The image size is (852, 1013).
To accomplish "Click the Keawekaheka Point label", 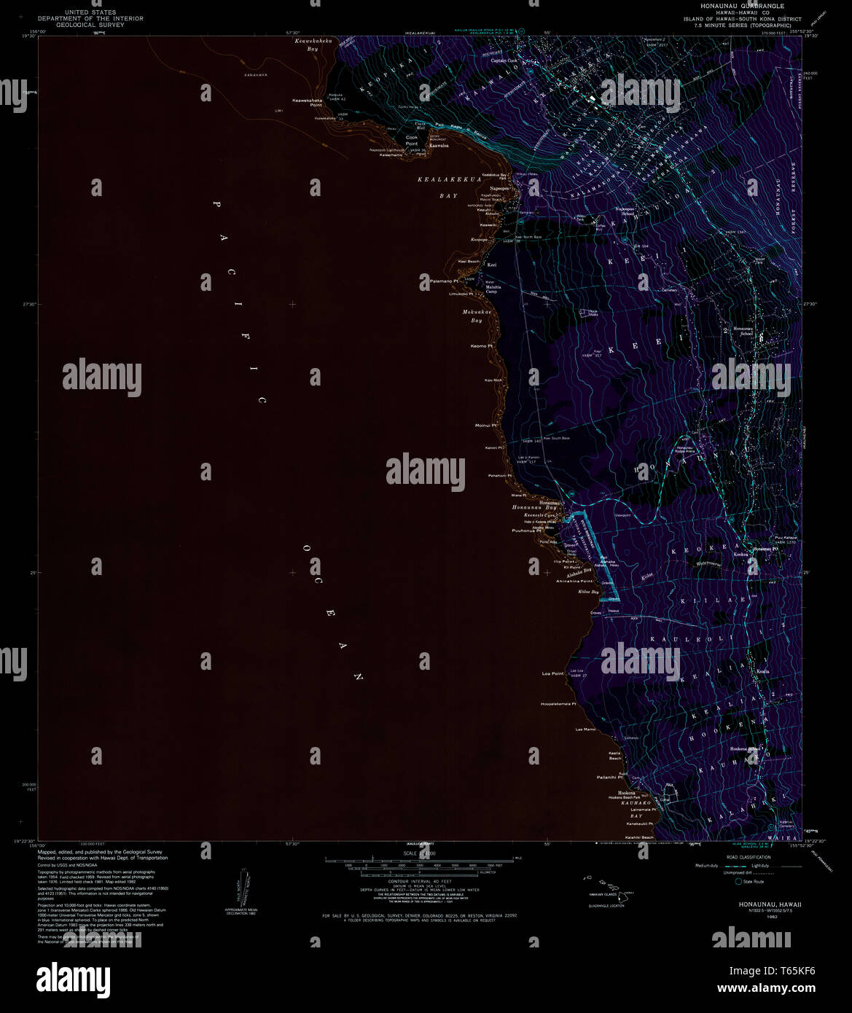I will click(307, 102).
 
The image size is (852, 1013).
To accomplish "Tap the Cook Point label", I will click(412, 140).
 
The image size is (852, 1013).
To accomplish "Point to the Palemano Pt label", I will click(444, 281).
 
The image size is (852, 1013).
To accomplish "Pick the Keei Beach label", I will click(469, 261).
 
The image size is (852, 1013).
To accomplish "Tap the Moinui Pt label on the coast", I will click(486, 426).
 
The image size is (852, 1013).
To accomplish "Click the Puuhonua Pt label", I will click(526, 531).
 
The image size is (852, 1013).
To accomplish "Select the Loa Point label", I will click(553, 673).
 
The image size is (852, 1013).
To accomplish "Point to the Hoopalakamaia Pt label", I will click(558, 704).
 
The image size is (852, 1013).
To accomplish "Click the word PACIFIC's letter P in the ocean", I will click(216, 205).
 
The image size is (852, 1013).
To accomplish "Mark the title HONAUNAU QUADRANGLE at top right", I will click(732, 5).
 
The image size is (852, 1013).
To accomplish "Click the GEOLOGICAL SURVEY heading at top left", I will click(90, 25).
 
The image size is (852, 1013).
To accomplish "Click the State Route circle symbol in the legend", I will click(738, 882).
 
